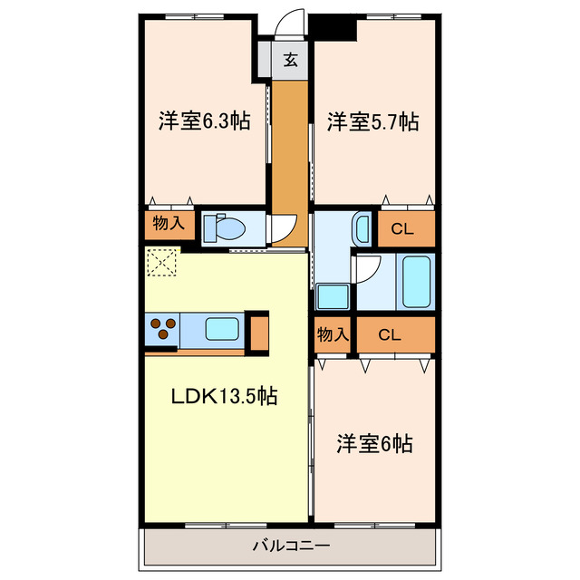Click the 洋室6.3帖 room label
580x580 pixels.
[x=205, y=121]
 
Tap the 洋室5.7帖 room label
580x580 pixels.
[x=372, y=121]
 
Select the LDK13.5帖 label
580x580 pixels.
[x=224, y=396]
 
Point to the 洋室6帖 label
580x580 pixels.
[x=374, y=443]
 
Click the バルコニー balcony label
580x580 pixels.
[x=291, y=546]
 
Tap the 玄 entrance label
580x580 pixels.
[x=291, y=60]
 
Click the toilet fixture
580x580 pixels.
[x=225, y=228]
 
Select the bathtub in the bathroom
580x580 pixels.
[x=417, y=282]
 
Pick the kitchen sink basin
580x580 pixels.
[x=222, y=329]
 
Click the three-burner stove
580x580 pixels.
[x=163, y=328]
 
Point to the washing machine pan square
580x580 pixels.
[x=333, y=296]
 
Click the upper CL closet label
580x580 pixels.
[x=402, y=229]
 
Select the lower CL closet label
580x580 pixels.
[x=390, y=335]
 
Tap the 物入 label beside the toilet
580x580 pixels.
[x=169, y=223]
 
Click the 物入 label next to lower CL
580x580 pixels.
[x=333, y=334]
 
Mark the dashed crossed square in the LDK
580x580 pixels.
[x=162, y=262]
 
